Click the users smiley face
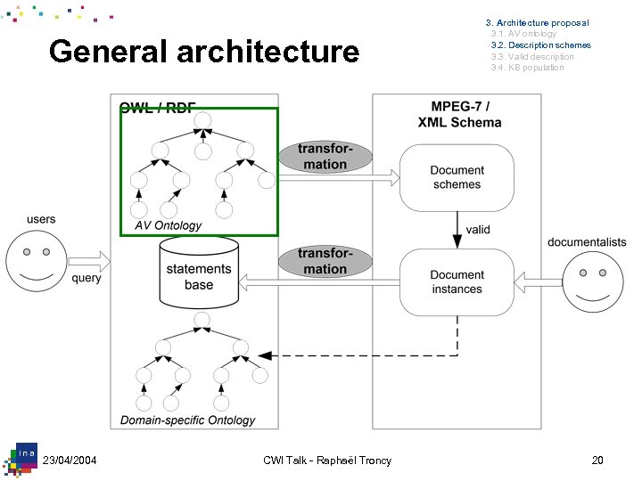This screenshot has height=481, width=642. point(37,261)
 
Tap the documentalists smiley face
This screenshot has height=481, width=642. point(593,282)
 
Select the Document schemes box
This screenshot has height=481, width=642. point(457,177)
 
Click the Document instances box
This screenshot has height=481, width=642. point(457,282)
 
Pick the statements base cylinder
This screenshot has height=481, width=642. point(199,273)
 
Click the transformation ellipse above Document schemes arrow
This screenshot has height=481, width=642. point(325,157)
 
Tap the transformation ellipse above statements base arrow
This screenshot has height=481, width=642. point(325,261)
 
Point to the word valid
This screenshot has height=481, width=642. point(478,230)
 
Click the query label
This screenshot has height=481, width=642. point(86,278)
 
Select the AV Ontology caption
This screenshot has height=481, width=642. point(169,225)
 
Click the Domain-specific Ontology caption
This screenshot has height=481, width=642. point(187,420)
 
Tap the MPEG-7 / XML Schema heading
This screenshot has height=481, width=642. point(459,114)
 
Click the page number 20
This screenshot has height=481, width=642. point(597,461)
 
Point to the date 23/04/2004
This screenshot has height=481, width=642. point(70,461)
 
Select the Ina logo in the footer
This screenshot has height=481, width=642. point(21,460)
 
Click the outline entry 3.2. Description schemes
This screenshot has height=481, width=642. point(541,45)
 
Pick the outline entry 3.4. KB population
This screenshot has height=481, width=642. point(527,68)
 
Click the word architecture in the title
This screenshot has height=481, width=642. point(268,52)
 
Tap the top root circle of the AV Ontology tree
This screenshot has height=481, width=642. point(202,120)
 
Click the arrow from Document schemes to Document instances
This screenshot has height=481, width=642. point(457,230)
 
